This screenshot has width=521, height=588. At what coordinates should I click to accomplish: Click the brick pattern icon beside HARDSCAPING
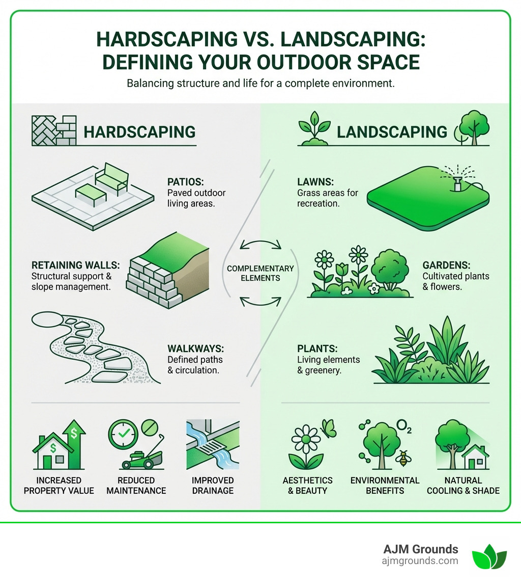(53, 130)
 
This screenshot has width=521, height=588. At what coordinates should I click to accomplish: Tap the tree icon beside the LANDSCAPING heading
(471, 126)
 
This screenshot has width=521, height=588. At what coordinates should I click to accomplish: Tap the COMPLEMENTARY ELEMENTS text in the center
(260, 273)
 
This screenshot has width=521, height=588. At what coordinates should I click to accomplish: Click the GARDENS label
(446, 265)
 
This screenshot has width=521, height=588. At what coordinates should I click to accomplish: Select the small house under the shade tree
(477, 457)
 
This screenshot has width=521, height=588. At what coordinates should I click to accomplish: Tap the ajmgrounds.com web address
(420, 561)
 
